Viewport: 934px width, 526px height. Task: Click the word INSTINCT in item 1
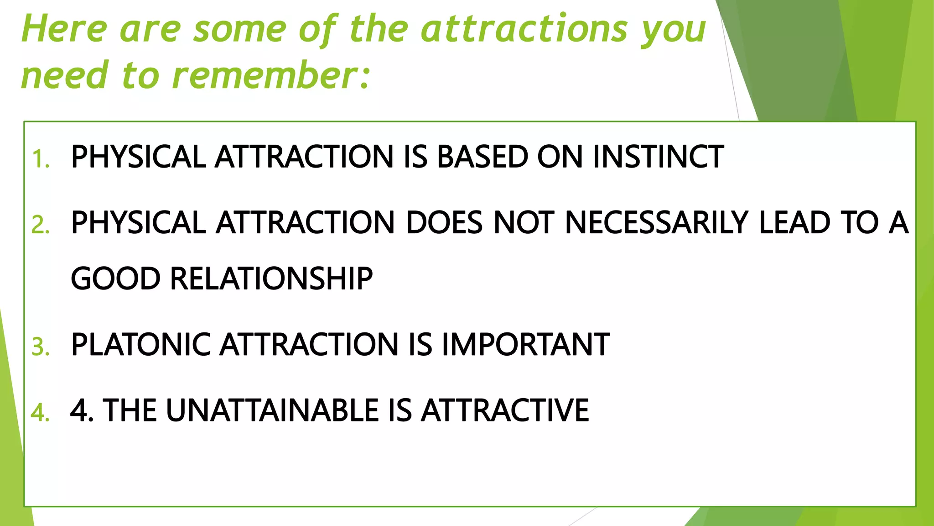658,157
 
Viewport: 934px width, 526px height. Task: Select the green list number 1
40,159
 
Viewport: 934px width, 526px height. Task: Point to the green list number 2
40,225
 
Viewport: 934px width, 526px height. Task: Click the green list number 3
40,347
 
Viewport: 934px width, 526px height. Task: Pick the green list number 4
40,413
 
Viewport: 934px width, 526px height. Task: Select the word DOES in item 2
444,223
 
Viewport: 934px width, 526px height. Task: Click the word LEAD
794,223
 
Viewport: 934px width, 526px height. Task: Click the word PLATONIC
140,344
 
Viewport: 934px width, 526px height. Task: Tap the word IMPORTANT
525,344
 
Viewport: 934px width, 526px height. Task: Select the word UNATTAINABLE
272,410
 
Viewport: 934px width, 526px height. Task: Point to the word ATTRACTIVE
505,410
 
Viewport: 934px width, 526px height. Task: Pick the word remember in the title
265,75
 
